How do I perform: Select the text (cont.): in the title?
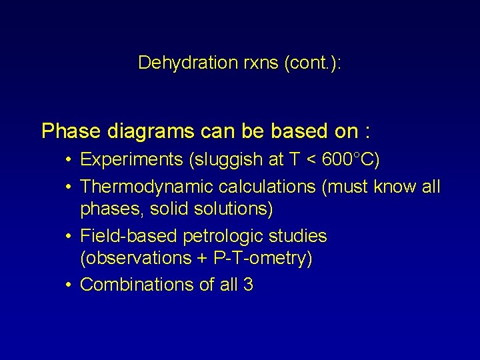coord(313,63)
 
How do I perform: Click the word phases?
coord(111,209)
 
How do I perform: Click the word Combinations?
coord(137,285)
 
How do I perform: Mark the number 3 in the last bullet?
coord(248,285)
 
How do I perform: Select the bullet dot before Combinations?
coord(69,285)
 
